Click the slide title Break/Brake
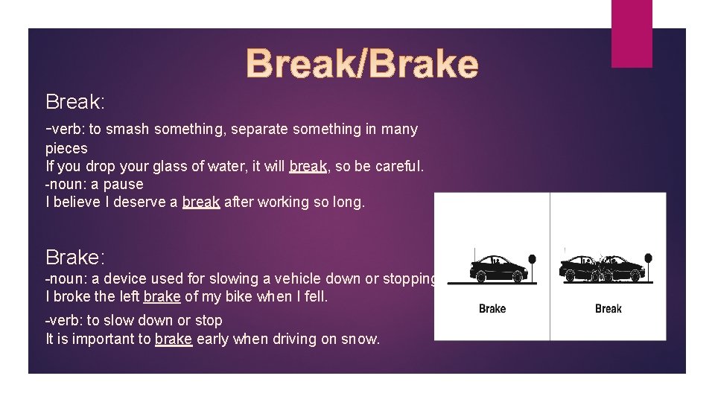pyautogui.click(x=362, y=64)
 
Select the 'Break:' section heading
pyautogui.click(x=75, y=101)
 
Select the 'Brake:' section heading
pyautogui.click(x=75, y=258)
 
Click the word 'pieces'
pyautogui.click(x=66, y=148)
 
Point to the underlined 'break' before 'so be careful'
pyautogui.click(x=308, y=166)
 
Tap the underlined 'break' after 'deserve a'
pyautogui.click(x=201, y=202)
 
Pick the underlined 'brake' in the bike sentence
pyautogui.click(x=162, y=296)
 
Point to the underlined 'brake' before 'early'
pyautogui.click(x=174, y=339)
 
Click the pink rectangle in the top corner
pyautogui.click(x=632, y=33)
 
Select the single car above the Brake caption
pyautogui.click(x=497, y=268)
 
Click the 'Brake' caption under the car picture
pyautogui.click(x=492, y=309)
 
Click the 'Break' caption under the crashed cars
pyautogui.click(x=608, y=309)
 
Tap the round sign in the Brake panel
pyautogui.click(x=532, y=260)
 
